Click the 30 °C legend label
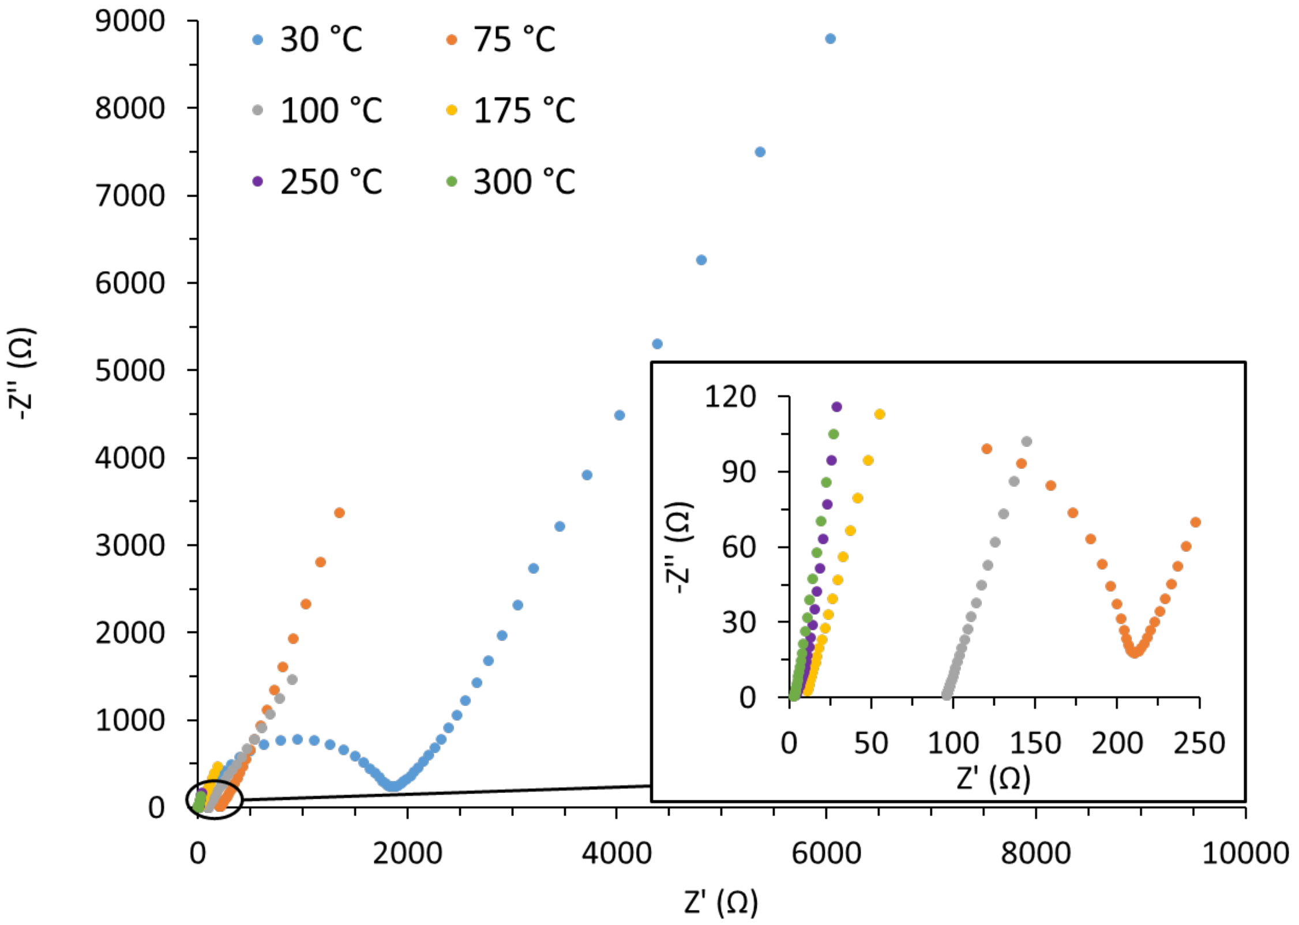pos(321,40)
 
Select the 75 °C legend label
pos(514,40)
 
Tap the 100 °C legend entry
pos(331,111)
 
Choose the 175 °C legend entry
pos(524,111)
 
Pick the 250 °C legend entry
pos(331,182)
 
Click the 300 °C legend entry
pos(524,182)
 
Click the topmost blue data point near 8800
pos(830,39)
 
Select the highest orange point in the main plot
pos(339,513)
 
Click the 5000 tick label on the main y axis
pos(130,371)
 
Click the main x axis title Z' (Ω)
pos(721,902)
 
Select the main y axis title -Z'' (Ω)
pos(22,374)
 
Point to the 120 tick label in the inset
pos(730,397)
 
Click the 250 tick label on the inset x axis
pos(1199,743)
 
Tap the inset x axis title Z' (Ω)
pos(993,779)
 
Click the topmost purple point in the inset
pos(836,407)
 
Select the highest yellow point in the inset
pos(879,414)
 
